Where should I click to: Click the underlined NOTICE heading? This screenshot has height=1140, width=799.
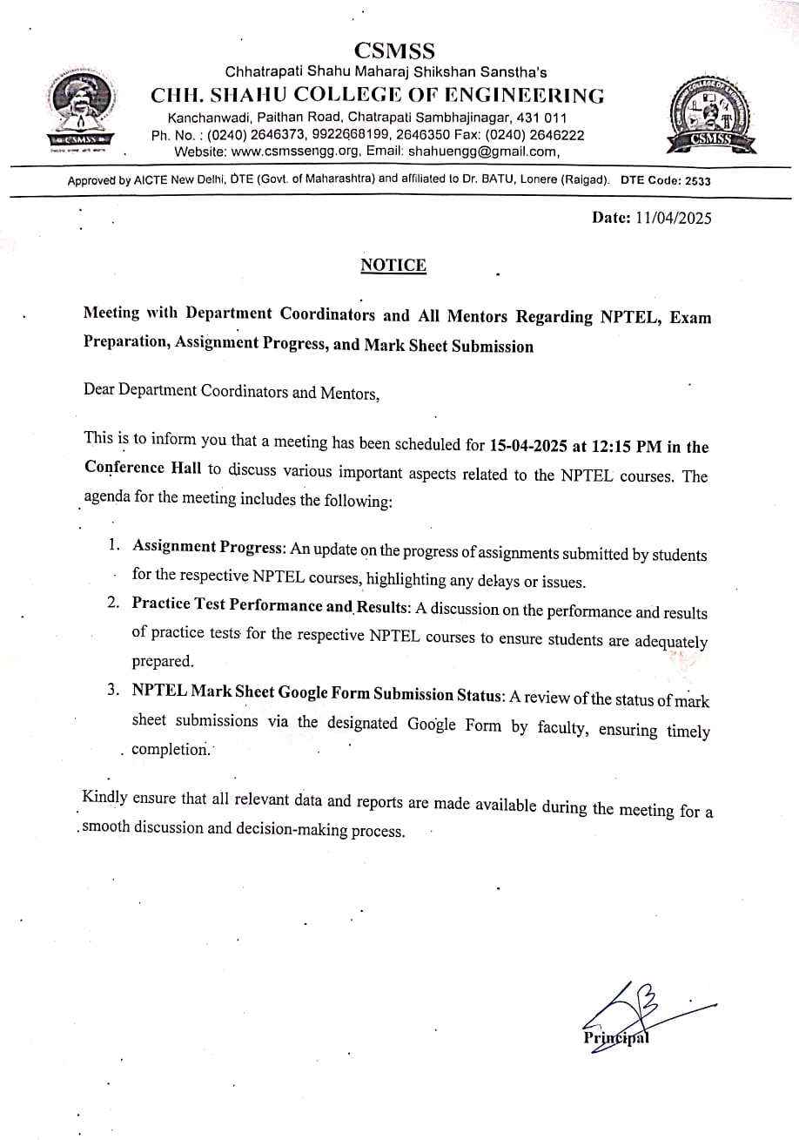coord(393,266)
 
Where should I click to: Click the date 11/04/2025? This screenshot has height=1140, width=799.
coord(674,218)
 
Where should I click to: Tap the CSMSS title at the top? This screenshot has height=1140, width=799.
coord(395,51)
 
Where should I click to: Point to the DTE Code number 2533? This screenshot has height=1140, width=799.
coord(697,181)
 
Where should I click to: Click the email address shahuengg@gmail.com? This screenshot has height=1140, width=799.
coord(483,151)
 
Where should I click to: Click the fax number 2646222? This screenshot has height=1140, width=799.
coord(556,135)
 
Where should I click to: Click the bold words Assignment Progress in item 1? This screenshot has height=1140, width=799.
coord(208,547)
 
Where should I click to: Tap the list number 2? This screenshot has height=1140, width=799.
coord(114,604)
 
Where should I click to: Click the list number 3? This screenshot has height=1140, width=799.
coord(114,690)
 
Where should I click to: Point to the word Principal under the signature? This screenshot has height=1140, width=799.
coord(616,1038)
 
